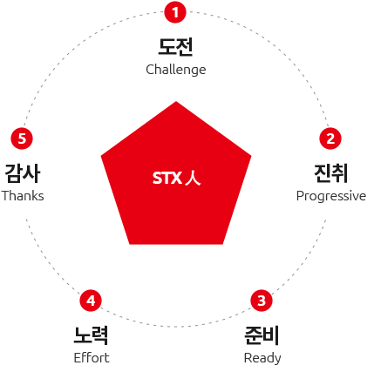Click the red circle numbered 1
pyautogui.click(x=175, y=12)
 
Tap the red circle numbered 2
pyautogui.click(x=330, y=139)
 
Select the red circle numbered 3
pyautogui.click(x=262, y=301)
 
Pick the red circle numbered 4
pyautogui.click(x=91, y=301)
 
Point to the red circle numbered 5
pyautogui.click(x=22, y=139)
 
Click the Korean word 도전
pyautogui.click(x=175, y=47)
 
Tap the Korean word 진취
pyautogui.click(x=330, y=173)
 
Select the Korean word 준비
pyautogui.click(x=262, y=335)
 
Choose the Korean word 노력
pyautogui.click(x=91, y=335)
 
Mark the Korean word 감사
pyautogui.click(x=23, y=173)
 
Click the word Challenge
pyautogui.click(x=176, y=70)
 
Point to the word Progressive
pyautogui.click(x=331, y=196)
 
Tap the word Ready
pyautogui.click(x=262, y=358)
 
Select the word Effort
pyautogui.click(x=92, y=358)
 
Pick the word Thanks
pyautogui.click(x=23, y=196)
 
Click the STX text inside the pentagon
pyautogui.click(x=167, y=178)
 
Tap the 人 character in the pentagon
pyautogui.click(x=193, y=178)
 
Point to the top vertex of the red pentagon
pyautogui.click(x=176, y=101)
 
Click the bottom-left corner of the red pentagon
pyautogui.click(x=130, y=244)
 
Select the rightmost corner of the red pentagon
pyautogui.click(x=251, y=156)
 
